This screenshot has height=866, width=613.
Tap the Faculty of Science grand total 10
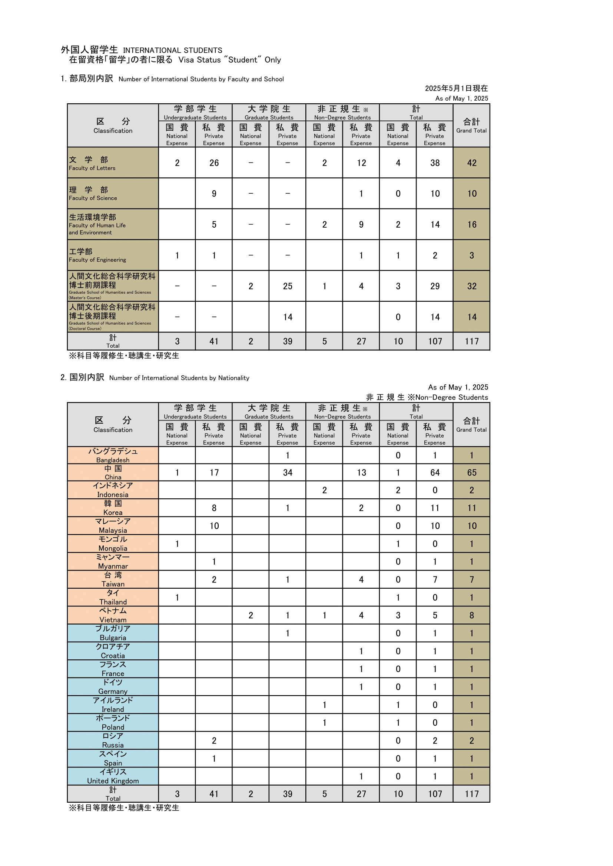coord(472,194)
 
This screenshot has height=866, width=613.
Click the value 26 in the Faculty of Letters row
coord(214,163)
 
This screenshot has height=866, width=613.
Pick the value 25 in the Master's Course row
coord(288,286)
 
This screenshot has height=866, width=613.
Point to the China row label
coord(113,472)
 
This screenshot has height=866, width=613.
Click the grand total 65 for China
coord(472,472)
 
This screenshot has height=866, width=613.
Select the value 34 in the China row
coord(288,472)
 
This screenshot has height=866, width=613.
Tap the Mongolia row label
coord(113,544)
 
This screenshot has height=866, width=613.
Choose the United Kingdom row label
coord(113,777)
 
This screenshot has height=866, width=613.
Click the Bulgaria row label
coord(113,633)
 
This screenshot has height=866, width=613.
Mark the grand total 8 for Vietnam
coord(472,616)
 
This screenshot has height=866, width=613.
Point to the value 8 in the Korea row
coord(214,508)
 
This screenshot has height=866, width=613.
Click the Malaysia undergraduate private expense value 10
coord(214,526)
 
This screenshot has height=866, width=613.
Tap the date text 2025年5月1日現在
coord(456,88)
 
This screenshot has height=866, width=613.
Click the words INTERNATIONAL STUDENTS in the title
coord(172,50)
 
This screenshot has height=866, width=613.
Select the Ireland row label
coord(113,705)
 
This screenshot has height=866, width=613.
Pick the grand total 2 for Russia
coord(472,741)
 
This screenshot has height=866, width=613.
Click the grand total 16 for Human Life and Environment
coord(472,224)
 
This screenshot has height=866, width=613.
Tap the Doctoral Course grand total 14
coord(472,317)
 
